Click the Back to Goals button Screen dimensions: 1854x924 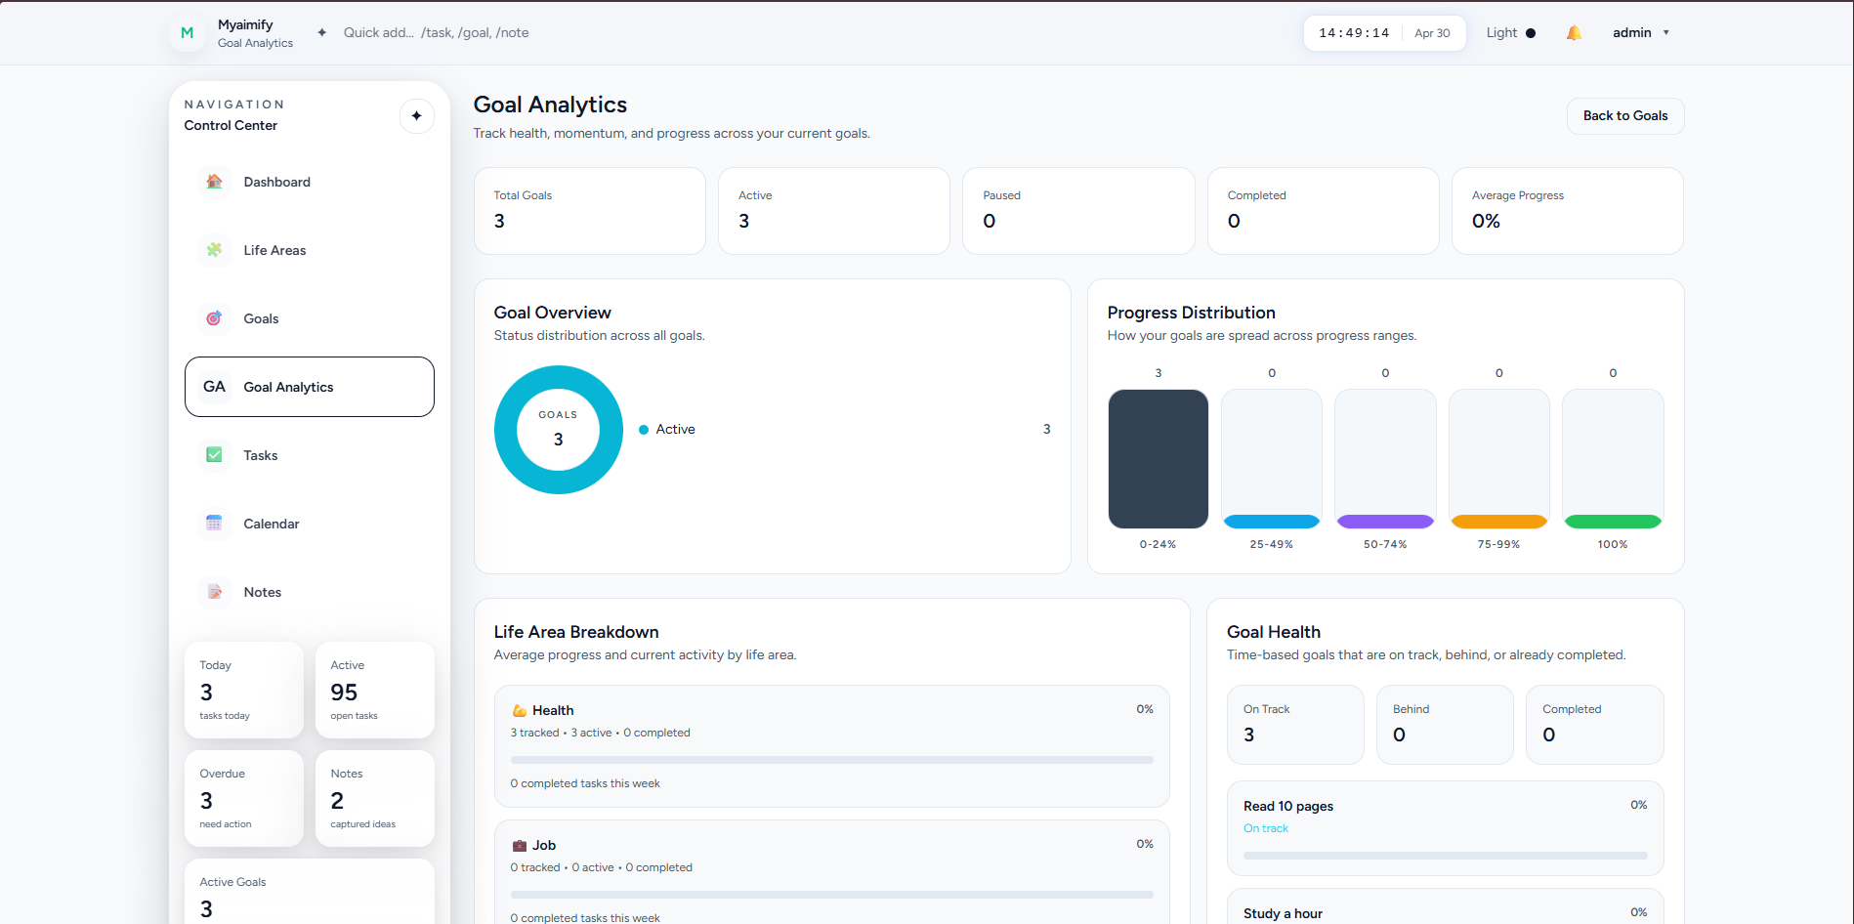[x=1625, y=116]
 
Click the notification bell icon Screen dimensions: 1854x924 [x=1574, y=33]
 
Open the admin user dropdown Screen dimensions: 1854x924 [x=1641, y=33]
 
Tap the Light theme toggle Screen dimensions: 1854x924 [x=1510, y=33]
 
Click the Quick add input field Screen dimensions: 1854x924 [x=436, y=33]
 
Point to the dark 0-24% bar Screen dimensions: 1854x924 [x=1159, y=459]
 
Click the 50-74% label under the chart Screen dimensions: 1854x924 [x=1385, y=545]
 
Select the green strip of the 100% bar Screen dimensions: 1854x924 [x=1613, y=522]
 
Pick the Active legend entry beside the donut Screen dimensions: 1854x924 [x=667, y=430]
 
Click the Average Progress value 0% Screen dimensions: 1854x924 [x=1486, y=222]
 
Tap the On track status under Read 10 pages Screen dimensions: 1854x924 [x=1266, y=828]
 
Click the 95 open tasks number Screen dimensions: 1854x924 [x=344, y=693]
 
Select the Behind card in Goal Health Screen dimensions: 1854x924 [x=1445, y=725]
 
